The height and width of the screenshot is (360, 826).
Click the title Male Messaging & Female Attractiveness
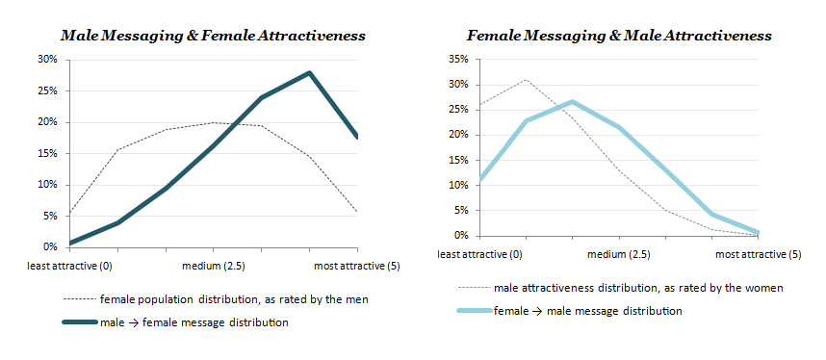213,36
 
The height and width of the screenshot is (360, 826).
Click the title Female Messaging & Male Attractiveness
619,36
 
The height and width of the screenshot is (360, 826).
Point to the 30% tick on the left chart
45,60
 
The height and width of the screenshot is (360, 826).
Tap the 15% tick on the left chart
45,154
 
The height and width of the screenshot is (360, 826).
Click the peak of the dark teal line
308,72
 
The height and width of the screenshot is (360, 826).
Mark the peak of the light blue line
572,101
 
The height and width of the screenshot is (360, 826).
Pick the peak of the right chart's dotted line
526,80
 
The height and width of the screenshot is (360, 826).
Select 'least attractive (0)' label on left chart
68,264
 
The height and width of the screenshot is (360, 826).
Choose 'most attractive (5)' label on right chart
758,254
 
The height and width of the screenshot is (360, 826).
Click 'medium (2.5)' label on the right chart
619,254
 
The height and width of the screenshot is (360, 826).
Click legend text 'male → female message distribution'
194,322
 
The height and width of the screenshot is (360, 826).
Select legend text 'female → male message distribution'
588,311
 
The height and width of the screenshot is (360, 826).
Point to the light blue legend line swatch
472,311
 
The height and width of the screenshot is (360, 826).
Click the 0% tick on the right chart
458,236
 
